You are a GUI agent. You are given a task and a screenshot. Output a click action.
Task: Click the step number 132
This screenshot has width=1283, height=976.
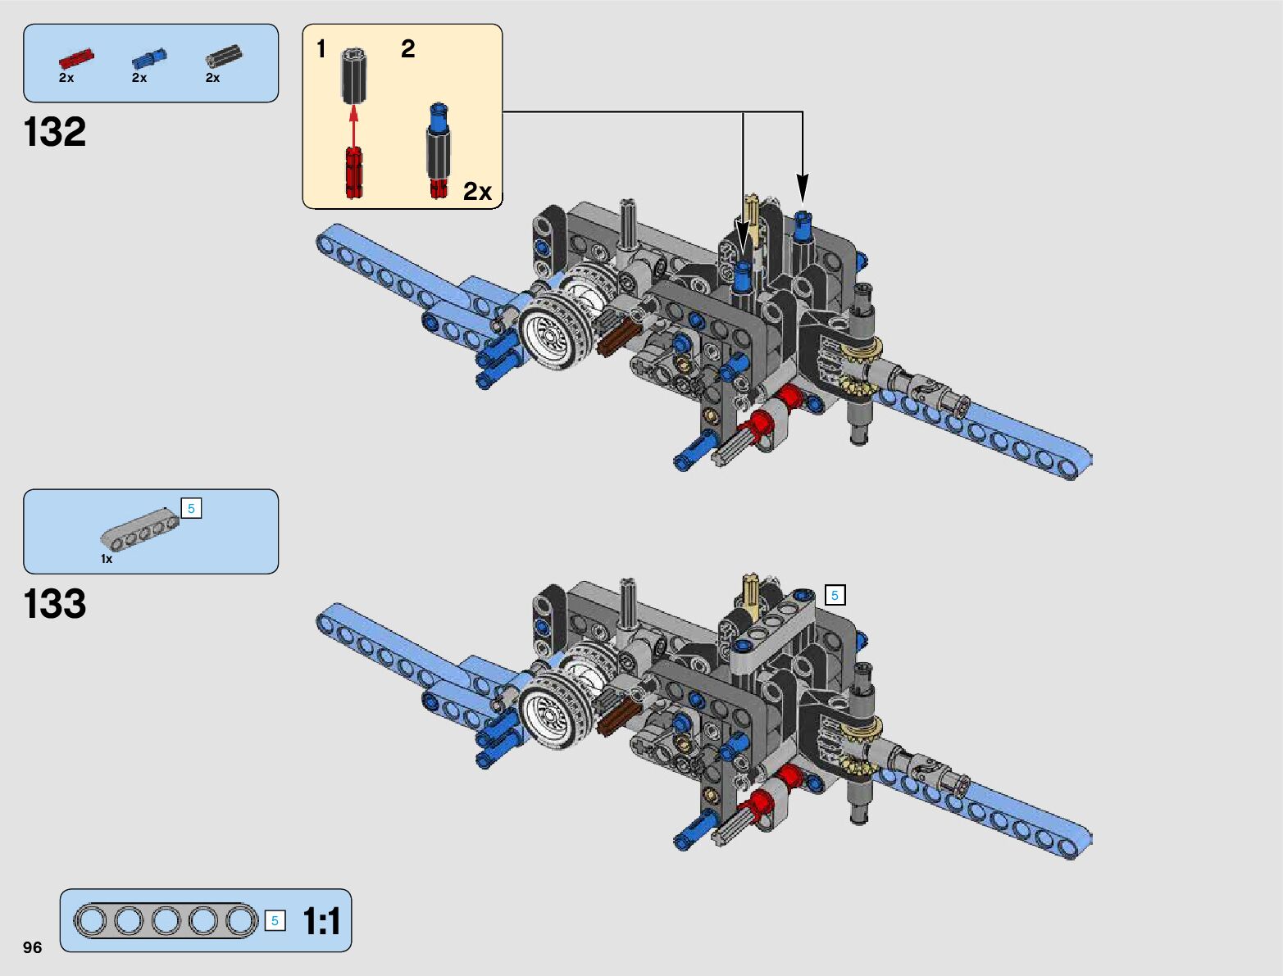click(55, 132)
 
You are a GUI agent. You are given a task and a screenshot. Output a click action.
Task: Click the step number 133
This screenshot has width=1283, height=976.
click(55, 604)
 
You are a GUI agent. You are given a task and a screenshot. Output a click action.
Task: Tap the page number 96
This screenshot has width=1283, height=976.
click(32, 947)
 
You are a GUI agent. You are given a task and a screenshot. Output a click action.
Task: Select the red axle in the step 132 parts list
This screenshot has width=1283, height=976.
click(75, 58)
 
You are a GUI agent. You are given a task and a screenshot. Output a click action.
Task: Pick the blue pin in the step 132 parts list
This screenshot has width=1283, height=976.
click(148, 58)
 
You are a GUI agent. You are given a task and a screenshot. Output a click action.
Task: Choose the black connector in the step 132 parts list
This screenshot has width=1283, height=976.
click(223, 56)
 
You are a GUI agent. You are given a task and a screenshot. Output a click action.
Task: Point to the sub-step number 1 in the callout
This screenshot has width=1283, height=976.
click(321, 49)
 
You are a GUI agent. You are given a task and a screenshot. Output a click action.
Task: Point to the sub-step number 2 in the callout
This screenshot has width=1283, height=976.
click(407, 49)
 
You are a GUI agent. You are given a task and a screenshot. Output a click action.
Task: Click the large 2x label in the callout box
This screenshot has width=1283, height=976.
click(477, 191)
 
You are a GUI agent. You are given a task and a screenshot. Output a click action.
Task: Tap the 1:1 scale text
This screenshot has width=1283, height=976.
click(321, 921)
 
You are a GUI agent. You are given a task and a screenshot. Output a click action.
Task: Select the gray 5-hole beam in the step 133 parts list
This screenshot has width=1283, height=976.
click(139, 529)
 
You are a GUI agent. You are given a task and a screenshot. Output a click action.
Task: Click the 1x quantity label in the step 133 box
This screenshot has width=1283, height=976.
click(107, 559)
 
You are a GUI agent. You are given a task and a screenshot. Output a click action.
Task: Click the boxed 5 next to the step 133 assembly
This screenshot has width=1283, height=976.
click(835, 596)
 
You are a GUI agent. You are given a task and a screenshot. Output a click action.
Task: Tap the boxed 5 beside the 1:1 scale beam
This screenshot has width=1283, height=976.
click(275, 921)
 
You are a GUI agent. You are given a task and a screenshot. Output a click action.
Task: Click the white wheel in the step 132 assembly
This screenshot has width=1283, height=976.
click(551, 334)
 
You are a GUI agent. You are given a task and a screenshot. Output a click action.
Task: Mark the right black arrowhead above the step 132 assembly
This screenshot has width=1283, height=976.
click(803, 188)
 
